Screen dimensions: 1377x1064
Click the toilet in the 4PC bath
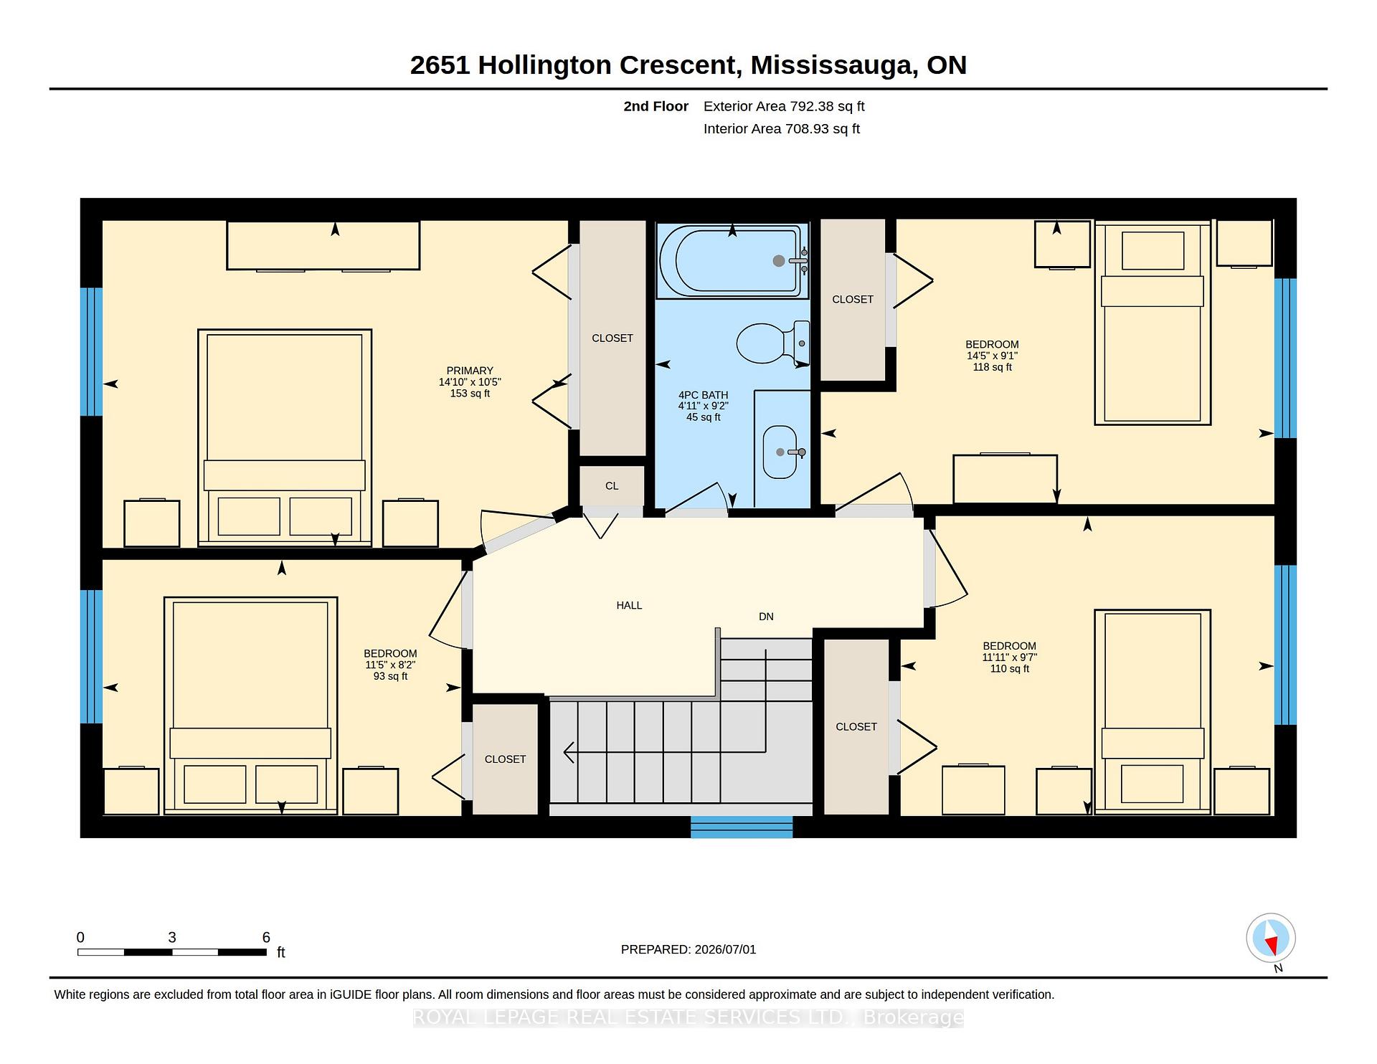tap(773, 343)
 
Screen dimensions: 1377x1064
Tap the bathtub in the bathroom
tap(732, 261)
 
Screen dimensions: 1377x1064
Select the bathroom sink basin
tap(780, 452)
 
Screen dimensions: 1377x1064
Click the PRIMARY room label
tap(470, 371)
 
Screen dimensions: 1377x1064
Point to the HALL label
tap(629, 605)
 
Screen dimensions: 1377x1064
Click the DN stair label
tap(766, 617)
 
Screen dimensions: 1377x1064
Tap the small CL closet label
tap(612, 486)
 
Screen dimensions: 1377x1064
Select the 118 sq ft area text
tap(992, 367)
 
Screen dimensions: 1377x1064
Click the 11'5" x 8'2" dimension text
tap(390, 665)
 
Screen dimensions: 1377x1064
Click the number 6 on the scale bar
tap(266, 937)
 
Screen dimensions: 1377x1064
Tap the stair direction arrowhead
tap(570, 752)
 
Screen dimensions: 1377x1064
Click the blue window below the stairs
tap(742, 827)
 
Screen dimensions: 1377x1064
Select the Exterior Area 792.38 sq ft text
tap(784, 106)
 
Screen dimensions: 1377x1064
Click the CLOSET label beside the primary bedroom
tap(612, 338)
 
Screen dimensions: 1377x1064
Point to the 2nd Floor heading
tap(656, 106)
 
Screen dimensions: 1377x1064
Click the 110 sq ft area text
tap(1010, 669)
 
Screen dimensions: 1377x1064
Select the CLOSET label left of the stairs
tap(506, 759)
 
